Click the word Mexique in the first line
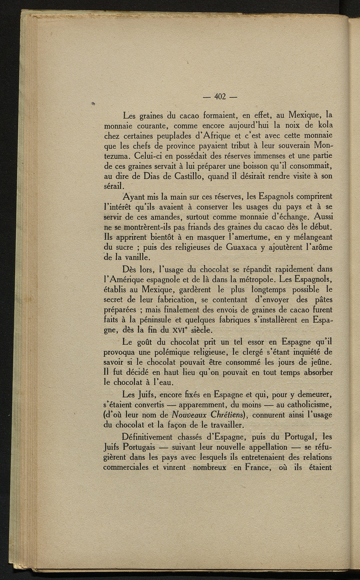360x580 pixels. [303, 115]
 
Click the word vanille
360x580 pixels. [130, 258]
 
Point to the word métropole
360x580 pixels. [255, 280]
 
